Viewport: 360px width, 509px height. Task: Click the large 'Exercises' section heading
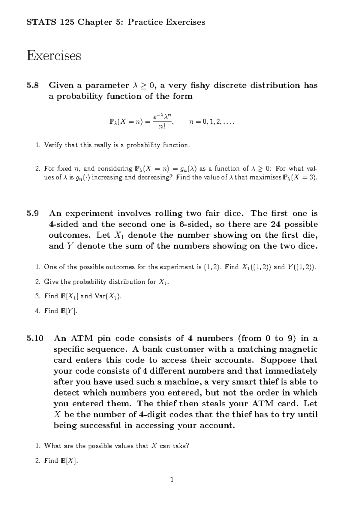click(x=54, y=56)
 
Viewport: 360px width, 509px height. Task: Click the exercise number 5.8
click(x=33, y=86)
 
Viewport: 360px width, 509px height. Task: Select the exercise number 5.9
click(x=33, y=213)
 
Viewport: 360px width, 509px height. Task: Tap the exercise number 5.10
click(x=35, y=338)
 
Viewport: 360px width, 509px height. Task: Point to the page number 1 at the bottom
click(x=172, y=479)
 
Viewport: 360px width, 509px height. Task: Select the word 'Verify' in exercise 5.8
click(x=53, y=145)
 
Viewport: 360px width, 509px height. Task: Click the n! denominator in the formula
click(x=161, y=127)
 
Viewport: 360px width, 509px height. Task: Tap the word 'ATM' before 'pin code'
click(x=82, y=338)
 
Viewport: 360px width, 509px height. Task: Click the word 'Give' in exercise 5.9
click(x=51, y=282)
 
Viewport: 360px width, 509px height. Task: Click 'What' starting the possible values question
click(x=52, y=446)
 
